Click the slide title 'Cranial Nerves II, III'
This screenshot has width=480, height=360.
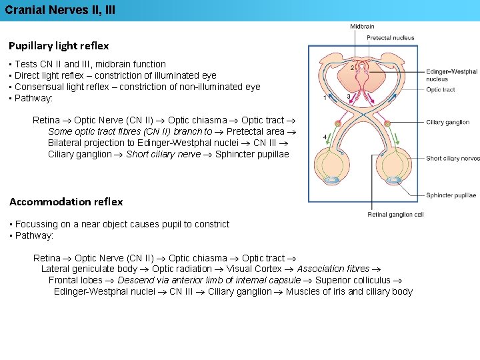[x=60, y=10]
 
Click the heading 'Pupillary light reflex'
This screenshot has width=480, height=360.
[x=59, y=46]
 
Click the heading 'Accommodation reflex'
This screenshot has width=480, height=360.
[x=66, y=201]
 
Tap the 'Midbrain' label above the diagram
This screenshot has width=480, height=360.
[x=362, y=27]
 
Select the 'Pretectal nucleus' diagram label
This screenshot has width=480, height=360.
[x=391, y=38]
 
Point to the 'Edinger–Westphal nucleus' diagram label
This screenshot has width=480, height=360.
[x=451, y=75]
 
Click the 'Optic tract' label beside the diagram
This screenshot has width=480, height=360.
[x=441, y=90]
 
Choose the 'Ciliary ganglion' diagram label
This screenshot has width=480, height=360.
[x=448, y=123]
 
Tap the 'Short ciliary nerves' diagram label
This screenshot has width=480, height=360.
[x=453, y=159]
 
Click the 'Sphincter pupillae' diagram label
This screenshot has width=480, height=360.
[x=451, y=195]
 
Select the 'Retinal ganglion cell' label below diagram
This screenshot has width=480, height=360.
[x=395, y=215]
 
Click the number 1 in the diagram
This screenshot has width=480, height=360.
[x=325, y=98]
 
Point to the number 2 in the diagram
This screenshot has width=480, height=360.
[x=352, y=68]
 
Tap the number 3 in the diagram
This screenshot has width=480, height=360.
[x=348, y=97]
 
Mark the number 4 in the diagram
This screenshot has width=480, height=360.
[x=325, y=137]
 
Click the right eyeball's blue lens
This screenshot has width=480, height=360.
[x=395, y=180]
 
